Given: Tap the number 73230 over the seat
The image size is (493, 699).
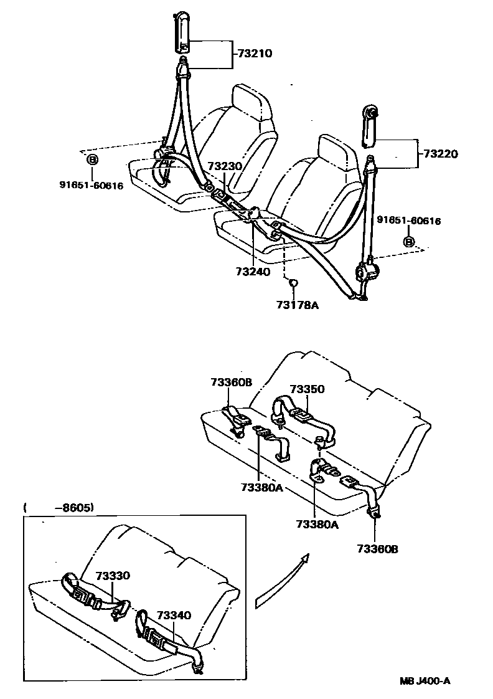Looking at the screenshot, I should (225, 167).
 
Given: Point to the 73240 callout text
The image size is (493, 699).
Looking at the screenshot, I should (253, 272).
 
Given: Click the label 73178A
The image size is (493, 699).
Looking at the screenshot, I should (297, 305).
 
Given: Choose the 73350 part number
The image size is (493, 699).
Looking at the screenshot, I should (307, 389).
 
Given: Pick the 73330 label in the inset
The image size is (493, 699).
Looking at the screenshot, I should (113, 576).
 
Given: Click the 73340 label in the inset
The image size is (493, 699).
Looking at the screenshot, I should (174, 616).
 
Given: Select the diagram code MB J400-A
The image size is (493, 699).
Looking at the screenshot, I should (425, 681).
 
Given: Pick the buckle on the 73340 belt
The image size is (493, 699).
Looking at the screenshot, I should (153, 637).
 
